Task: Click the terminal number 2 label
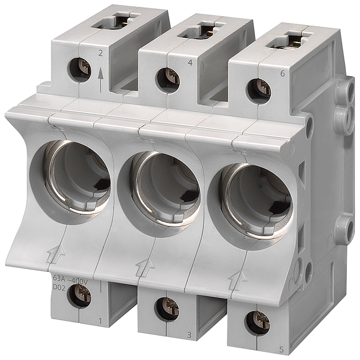point(100,53)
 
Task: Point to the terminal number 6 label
point(283,73)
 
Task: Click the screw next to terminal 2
point(79,66)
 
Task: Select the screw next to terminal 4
point(168,78)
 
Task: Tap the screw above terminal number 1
point(80,295)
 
